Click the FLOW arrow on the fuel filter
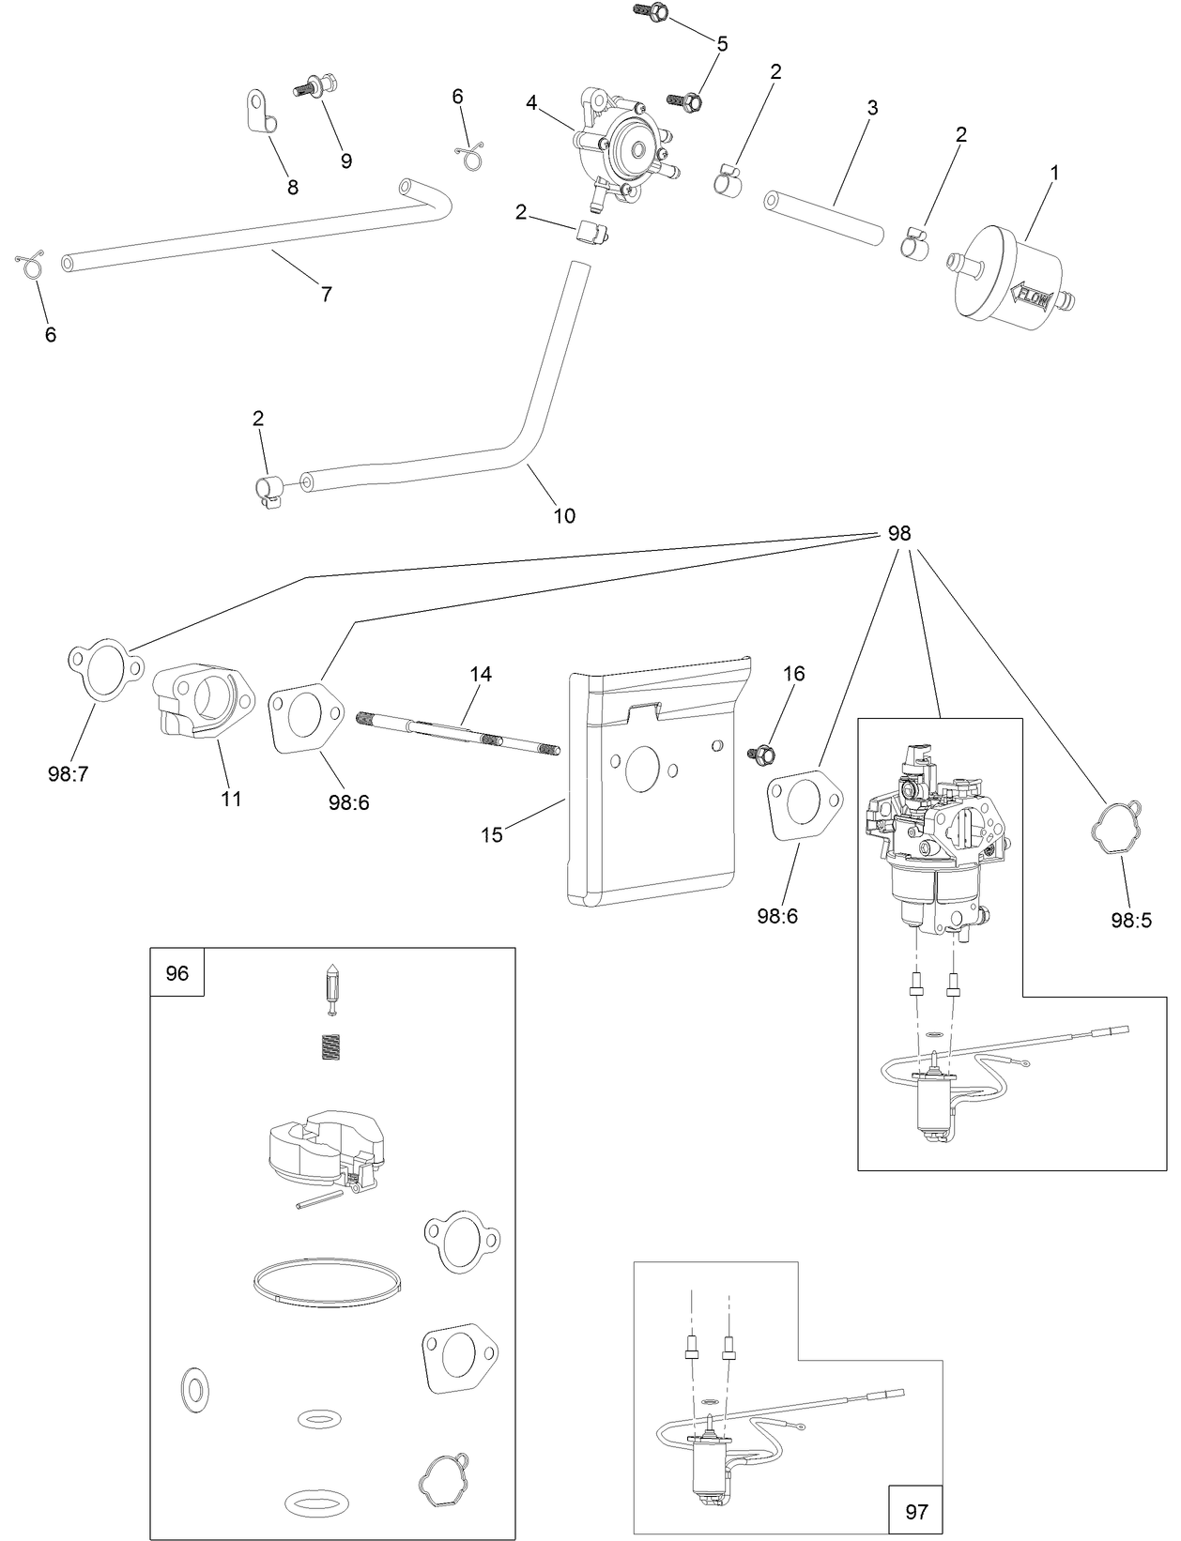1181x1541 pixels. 1032,298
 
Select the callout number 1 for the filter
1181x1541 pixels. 1054,173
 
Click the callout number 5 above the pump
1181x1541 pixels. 722,43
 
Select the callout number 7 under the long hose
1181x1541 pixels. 326,294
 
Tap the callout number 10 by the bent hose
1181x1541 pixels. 564,515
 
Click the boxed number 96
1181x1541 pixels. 177,973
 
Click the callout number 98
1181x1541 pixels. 898,533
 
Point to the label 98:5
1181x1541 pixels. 1130,921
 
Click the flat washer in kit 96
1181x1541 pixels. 194,1388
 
